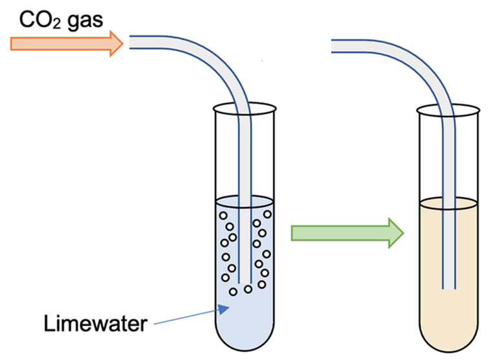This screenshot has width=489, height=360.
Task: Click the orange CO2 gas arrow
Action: [67, 44]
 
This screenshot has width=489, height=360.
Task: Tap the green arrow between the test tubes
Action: [347, 233]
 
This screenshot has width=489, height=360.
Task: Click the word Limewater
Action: [96, 324]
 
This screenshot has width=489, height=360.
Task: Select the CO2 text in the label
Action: [40, 20]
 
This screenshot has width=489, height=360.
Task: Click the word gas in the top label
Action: [85, 22]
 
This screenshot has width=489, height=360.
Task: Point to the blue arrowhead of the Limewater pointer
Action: [224, 309]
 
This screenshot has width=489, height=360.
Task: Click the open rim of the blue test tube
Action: [244, 109]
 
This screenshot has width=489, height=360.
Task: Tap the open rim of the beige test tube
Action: [448, 110]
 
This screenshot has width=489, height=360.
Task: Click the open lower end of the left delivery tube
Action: [244, 283]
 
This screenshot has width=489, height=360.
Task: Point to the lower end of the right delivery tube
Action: [449, 288]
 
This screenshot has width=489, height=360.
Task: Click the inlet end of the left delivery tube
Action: [131, 42]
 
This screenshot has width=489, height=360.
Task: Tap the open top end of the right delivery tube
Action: [332, 46]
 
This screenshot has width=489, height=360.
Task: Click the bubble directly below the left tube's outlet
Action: [248, 289]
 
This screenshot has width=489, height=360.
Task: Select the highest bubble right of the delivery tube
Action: [267, 214]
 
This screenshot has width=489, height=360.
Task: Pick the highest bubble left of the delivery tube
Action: [223, 216]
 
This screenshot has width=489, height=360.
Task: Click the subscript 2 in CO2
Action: [56, 25]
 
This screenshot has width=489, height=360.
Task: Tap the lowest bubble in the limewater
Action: [233, 292]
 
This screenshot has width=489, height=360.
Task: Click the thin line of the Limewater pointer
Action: [186, 317]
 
